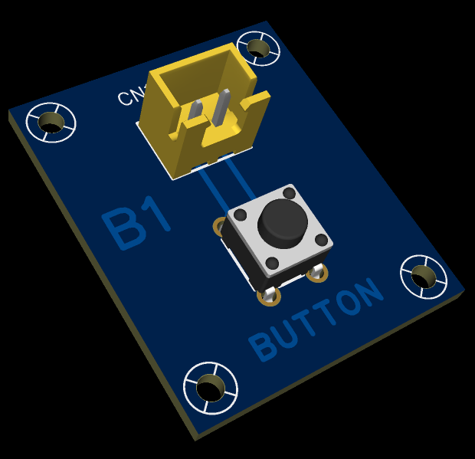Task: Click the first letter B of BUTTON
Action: point(264,346)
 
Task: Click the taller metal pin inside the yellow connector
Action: point(223,107)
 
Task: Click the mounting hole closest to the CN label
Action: point(51,121)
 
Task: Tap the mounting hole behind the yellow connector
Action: point(260,48)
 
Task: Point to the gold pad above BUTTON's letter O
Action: point(317,272)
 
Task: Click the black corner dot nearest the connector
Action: point(289,192)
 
